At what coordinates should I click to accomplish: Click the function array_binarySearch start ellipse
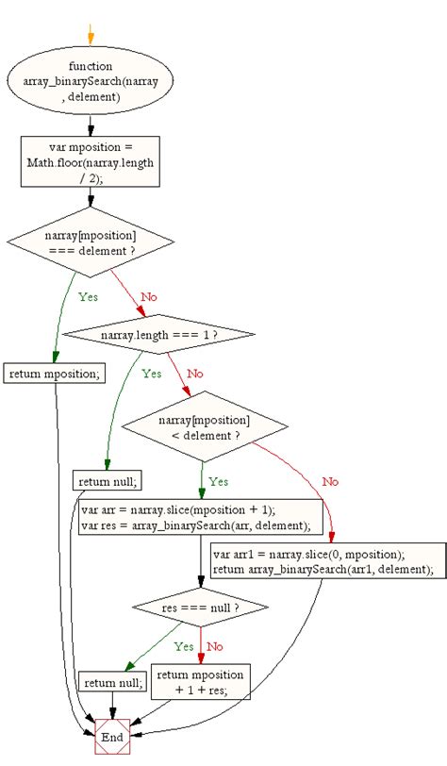tap(91, 81)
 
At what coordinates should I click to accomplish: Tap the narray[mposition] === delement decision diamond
tap(91, 241)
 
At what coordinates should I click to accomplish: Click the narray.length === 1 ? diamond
tap(158, 333)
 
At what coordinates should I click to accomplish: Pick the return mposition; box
tap(55, 374)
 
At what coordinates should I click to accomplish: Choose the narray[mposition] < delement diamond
tap(204, 426)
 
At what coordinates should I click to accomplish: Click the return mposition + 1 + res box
tap(201, 682)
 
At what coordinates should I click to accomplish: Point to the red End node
tap(113, 736)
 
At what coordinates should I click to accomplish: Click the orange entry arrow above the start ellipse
tap(91, 36)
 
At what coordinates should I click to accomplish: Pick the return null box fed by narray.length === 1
tap(108, 481)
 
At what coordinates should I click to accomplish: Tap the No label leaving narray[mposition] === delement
tap(149, 296)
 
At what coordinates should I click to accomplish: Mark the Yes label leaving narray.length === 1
tap(151, 374)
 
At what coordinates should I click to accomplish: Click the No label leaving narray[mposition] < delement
tap(329, 481)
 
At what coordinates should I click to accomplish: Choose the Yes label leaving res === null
tap(184, 647)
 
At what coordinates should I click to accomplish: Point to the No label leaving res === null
tap(215, 647)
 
